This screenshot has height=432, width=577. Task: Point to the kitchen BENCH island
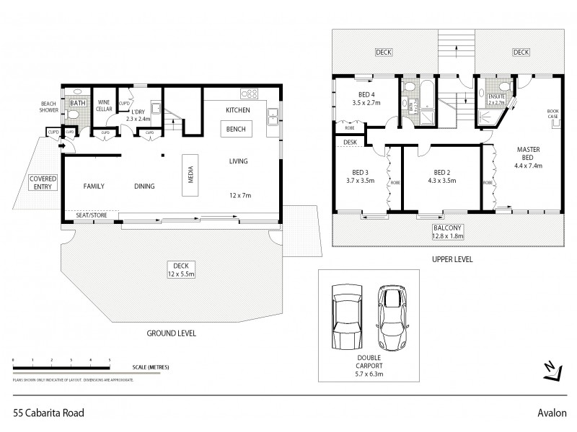tap(236, 129)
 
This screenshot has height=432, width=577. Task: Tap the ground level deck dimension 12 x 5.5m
tap(171, 274)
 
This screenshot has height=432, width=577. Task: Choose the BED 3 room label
tap(360, 176)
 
